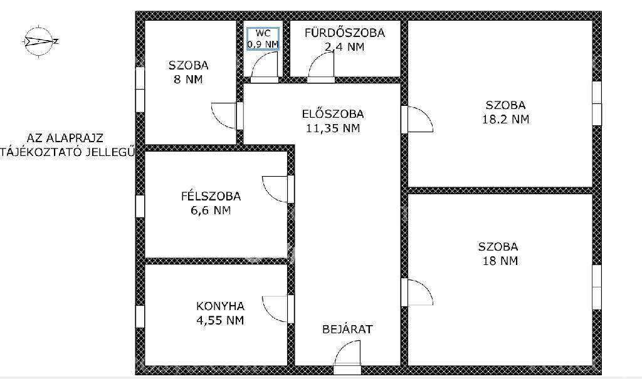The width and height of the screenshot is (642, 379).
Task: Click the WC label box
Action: click(x=263, y=39)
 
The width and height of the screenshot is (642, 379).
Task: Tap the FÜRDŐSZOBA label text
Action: click(x=345, y=33)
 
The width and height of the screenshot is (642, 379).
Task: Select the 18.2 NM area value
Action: click(x=506, y=119)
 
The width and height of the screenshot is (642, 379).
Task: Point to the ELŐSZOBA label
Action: click(x=333, y=114)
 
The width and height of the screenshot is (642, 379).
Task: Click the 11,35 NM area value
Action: click(x=333, y=128)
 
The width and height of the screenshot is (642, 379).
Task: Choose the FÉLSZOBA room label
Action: click(x=211, y=196)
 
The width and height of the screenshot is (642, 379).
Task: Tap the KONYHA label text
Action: click(x=220, y=306)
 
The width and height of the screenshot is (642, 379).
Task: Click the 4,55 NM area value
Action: click(x=220, y=320)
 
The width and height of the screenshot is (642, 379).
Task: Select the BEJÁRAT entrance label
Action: click(x=347, y=329)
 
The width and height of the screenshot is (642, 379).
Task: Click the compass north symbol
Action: click(x=39, y=41)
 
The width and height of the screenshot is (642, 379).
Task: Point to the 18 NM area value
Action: click(x=500, y=261)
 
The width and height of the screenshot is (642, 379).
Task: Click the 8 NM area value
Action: click(x=188, y=80)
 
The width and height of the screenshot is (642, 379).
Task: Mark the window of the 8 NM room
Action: click(x=140, y=89)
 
